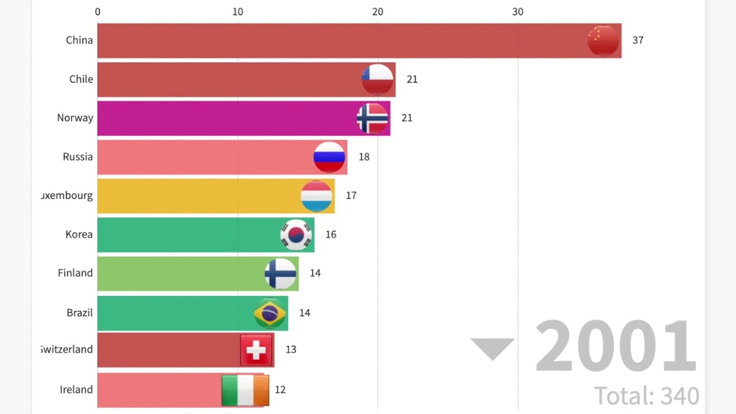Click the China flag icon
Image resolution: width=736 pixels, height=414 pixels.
point(603,41)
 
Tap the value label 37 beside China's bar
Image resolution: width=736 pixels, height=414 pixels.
point(638,40)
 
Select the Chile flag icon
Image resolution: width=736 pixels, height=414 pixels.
point(378,79)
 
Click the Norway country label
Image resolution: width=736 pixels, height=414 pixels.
point(75,118)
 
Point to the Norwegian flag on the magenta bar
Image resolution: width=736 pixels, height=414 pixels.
point(373,118)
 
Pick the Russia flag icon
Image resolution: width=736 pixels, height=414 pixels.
point(329,157)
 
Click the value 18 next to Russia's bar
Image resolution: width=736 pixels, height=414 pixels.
point(364,157)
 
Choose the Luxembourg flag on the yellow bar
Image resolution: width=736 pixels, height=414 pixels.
point(317,196)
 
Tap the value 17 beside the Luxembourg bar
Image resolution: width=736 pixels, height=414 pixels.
point(351,195)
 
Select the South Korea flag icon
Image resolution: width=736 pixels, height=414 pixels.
point(297,235)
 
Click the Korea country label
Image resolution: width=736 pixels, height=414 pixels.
point(79,235)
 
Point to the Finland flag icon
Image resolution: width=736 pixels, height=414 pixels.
point(281,274)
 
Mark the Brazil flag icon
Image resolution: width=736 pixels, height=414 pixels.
point(270,313)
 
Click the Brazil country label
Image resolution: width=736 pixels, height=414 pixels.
point(79,313)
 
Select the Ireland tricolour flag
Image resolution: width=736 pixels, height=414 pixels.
point(246,390)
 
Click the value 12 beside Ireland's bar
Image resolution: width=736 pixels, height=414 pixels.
point(280,390)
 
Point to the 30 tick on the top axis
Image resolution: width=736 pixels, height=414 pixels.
point(517,11)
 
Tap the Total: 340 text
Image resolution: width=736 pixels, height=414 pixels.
point(646,396)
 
